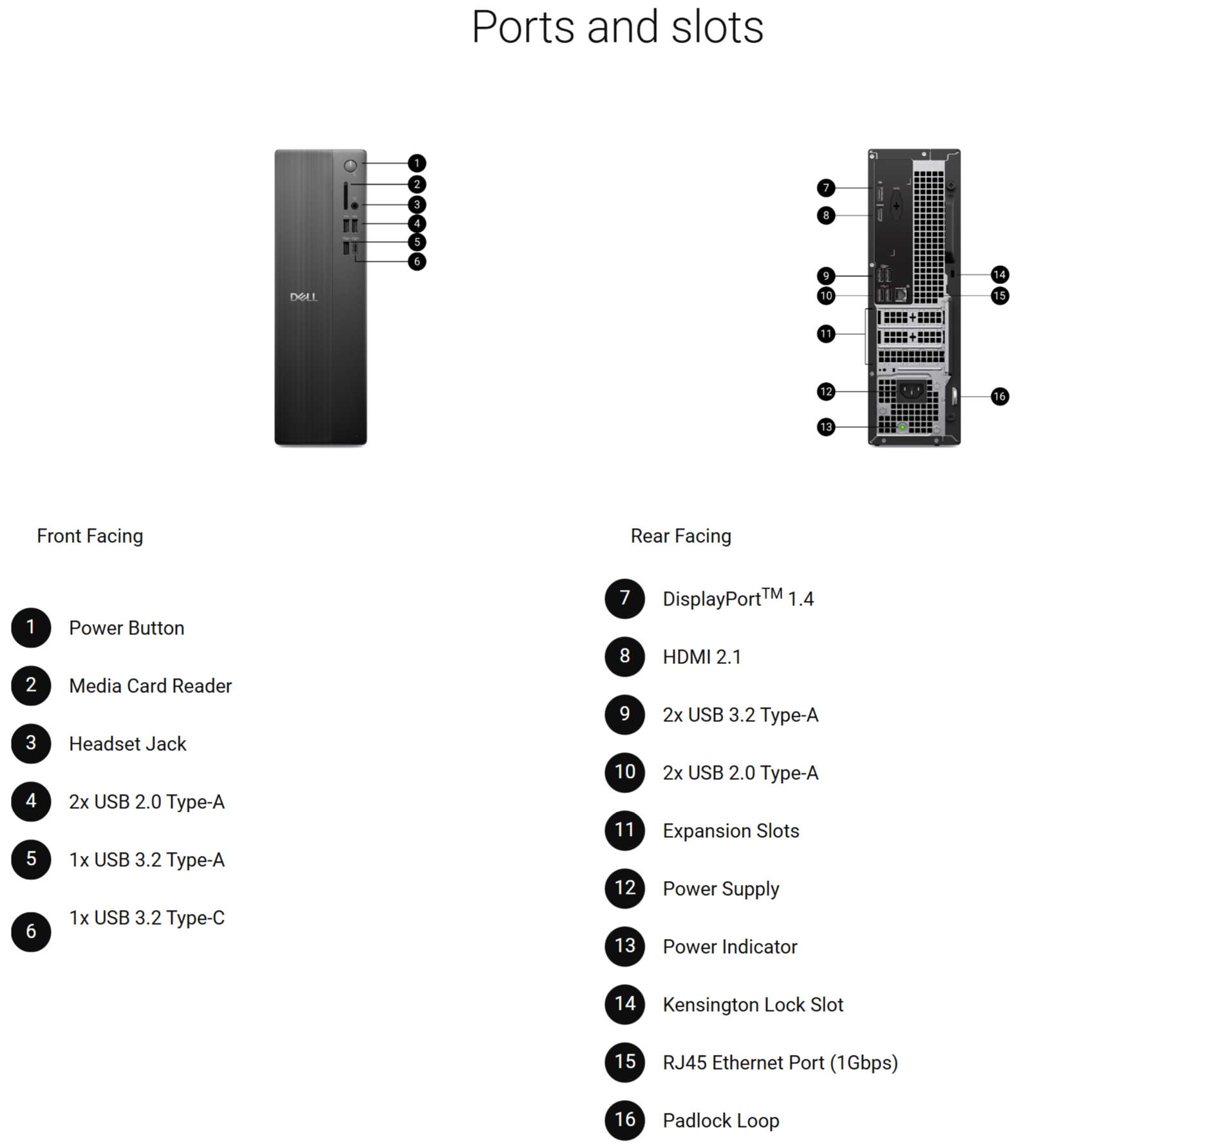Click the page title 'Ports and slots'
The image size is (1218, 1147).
[x=617, y=27]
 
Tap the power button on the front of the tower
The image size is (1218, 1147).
[x=350, y=166]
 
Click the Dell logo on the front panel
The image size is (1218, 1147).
[x=304, y=297]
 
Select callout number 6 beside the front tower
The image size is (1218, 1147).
[x=417, y=261]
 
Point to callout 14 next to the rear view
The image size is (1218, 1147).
[x=999, y=275]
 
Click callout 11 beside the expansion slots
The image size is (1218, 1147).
[x=826, y=334]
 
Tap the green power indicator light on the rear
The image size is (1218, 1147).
[x=903, y=427]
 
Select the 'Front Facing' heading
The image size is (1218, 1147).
[x=90, y=536]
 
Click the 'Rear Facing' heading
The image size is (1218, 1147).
[x=680, y=536]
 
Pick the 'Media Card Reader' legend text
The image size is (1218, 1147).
[x=150, y=686]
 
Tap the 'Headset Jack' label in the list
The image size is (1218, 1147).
[x=127, y=744]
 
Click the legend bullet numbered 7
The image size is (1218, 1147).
[x=624, y=598]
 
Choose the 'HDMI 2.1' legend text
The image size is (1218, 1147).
[x=702, y=657]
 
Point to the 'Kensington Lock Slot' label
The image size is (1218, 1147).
[x=753, y=1005]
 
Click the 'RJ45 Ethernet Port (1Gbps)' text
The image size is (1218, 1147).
[x=780, y=1063]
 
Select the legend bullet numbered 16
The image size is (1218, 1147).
[x=624, y=1120]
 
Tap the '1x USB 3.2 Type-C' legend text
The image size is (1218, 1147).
[x=147, y=918]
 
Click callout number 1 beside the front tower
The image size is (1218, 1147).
[x=417, y=163]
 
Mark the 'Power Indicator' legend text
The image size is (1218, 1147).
[x=730, y=947]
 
